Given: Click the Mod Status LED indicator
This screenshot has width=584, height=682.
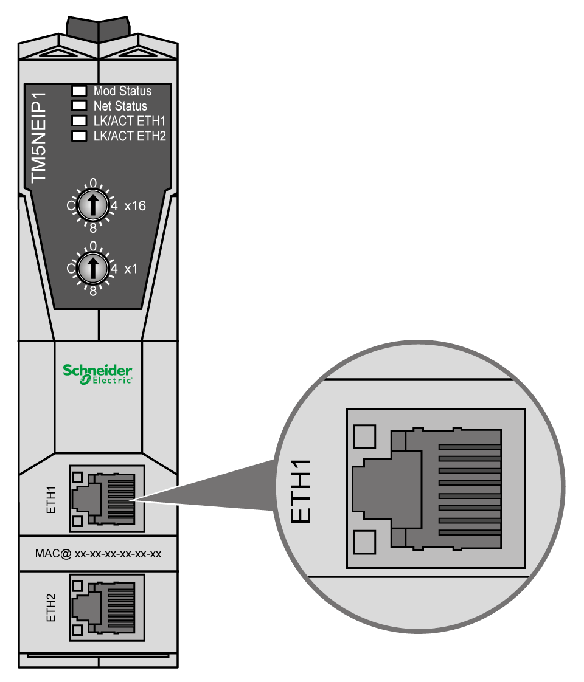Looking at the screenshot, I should (x=79, y=92).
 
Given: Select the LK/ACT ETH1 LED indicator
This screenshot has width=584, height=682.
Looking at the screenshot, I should (x=79, y=121).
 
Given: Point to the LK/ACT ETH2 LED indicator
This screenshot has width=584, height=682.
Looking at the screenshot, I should (x=79, y=136).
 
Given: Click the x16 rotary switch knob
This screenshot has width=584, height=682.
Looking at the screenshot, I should (x=92, y=207).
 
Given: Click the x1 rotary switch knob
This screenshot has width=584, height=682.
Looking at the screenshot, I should (x=92, y=268).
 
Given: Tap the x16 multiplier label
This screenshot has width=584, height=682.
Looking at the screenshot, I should (x=134, y=206).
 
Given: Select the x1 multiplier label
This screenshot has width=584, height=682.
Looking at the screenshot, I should (x=131, y=268).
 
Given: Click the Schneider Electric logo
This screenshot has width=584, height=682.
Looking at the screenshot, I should (x=97, y=373).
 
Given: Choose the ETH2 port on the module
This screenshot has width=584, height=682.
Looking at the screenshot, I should (x=107, y=609).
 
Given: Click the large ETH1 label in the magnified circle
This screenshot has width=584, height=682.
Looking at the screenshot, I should (x=302, y=491).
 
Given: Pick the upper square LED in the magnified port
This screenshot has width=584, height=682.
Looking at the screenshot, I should (x=364, y=436).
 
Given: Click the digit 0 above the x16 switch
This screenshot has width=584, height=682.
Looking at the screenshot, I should (x=92, y=183).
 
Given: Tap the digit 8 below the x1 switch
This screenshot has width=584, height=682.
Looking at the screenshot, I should (x=93, y=291).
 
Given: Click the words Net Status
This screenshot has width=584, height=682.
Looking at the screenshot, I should (x=120, y=106).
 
